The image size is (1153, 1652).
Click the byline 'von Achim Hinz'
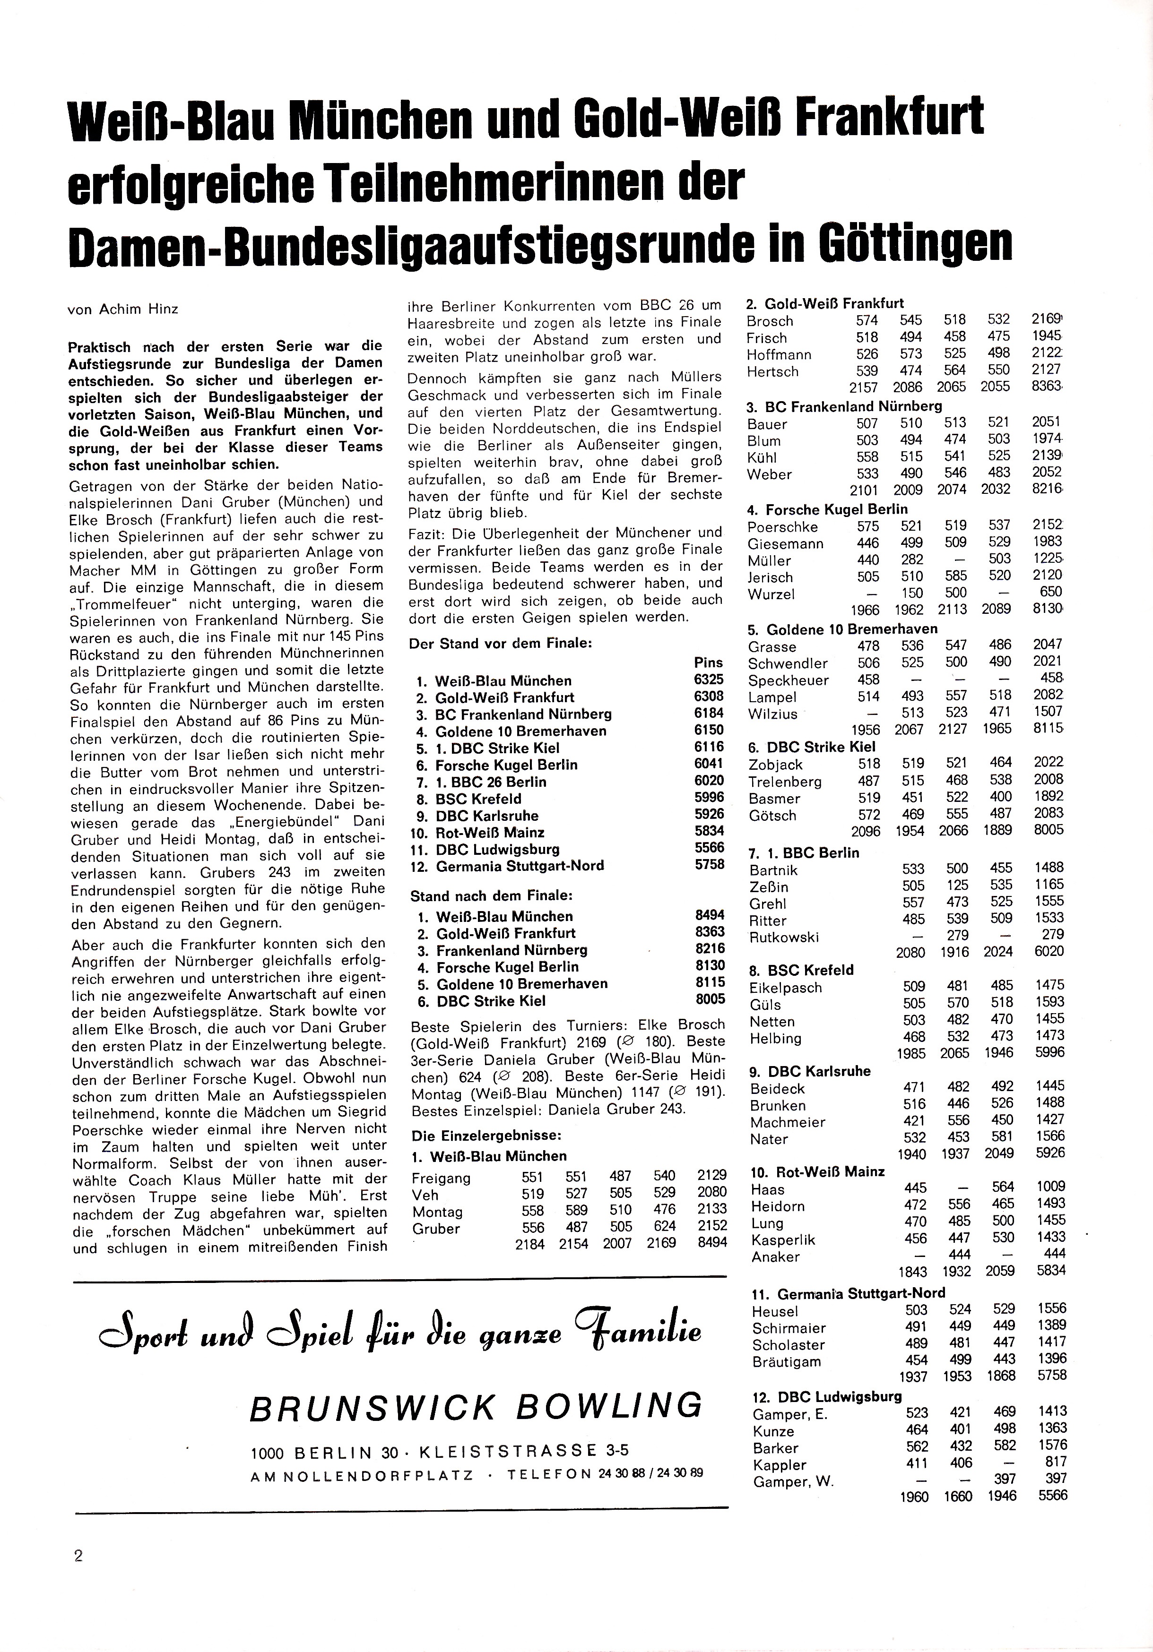(x=122, y=310)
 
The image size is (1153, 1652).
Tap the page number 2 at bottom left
(x=78, y=1556)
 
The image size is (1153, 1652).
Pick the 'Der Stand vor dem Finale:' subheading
(x=500, y=643)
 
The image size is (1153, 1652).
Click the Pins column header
(x=708, y=662)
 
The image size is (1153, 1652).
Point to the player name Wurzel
(x=771, y=594)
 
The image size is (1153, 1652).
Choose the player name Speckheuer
(x=788, y=680)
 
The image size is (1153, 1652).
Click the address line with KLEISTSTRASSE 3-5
(x=439, y=1451)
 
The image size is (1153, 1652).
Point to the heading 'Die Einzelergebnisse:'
(x=486, y=1136)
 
